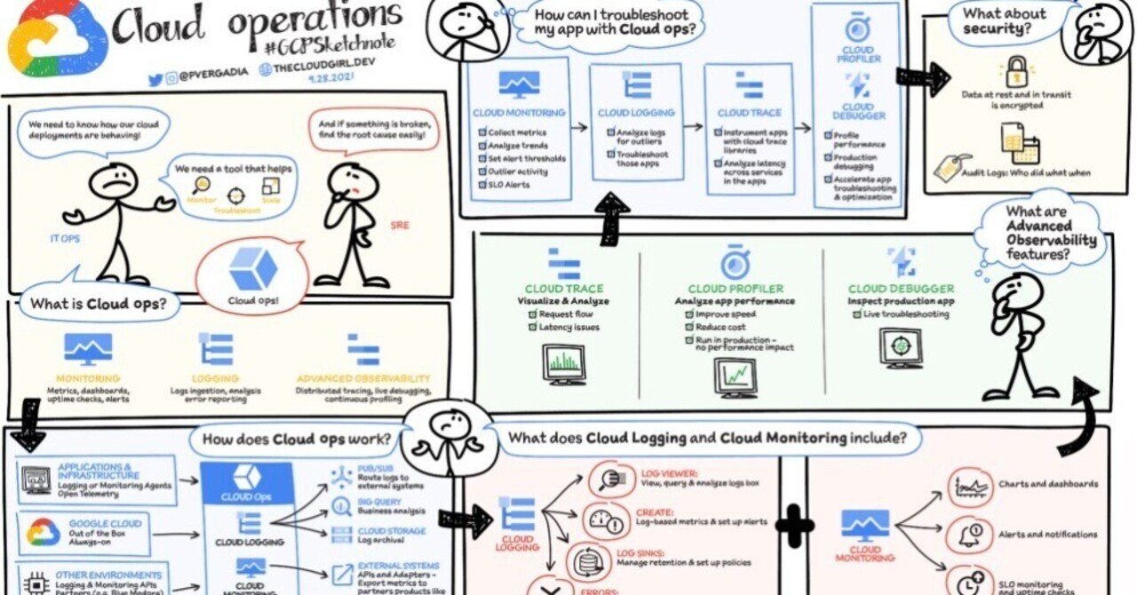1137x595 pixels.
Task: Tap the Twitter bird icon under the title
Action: (155, 79)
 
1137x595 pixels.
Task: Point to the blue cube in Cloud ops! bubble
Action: (252, 268)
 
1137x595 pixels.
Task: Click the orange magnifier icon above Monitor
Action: (201, 186)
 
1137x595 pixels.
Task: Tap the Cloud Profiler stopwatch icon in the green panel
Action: (734, 263)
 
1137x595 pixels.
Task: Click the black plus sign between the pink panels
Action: (793, 526)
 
